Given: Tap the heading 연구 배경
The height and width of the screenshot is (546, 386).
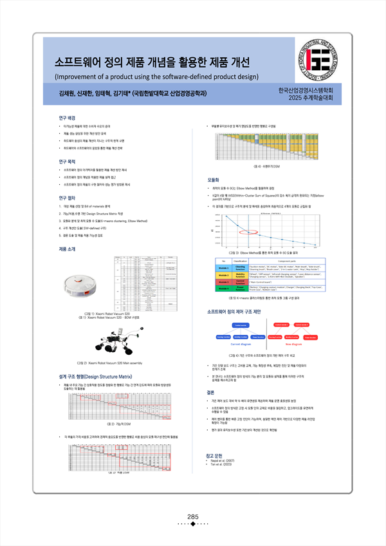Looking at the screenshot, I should click(67, 118).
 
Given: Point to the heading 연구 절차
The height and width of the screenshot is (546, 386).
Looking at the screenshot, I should click(67, 197).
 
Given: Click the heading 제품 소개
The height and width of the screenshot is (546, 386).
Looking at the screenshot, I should click(67, 248).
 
